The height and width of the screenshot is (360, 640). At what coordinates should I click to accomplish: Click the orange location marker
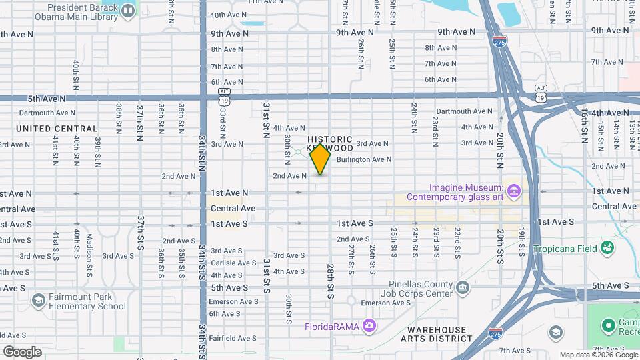[321, 159]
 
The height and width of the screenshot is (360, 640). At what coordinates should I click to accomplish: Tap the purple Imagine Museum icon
[513, 192]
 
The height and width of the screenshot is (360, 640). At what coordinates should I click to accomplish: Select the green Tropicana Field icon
[607, 249]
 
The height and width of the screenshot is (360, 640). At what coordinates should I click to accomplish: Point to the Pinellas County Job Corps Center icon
[463, 287]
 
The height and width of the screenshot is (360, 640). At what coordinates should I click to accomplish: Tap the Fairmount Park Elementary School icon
[38, 301]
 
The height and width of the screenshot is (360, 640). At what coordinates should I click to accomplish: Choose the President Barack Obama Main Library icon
[127, 10]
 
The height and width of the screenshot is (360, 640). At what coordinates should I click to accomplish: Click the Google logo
[21, 352]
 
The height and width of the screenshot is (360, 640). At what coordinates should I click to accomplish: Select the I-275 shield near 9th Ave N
[499, 41]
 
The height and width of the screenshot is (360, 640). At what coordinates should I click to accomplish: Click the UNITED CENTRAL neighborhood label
[57, 129]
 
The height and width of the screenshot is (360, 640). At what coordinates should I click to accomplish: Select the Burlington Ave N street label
[363, 160]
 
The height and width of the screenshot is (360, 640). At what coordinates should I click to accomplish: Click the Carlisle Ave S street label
[231, 263]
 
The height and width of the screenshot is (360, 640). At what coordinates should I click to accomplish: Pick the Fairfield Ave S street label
[232, 339]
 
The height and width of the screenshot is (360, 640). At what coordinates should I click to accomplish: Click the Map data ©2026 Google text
[597, 355]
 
